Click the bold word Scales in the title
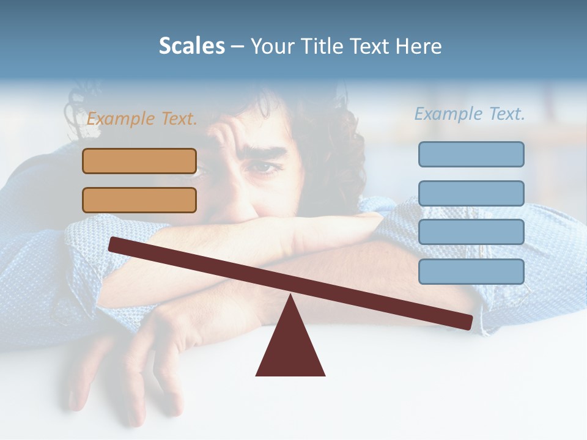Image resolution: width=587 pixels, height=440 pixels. [x=191, y=46]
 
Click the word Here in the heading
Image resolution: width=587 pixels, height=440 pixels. [x=419, y=46]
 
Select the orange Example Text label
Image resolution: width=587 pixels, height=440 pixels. [x=142, y=119]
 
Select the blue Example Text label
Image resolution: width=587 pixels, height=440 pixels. [x=470, y=114]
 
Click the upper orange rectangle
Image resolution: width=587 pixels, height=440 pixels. [x=139, y=161]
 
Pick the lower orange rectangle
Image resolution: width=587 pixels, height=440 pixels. [x=139, y=200]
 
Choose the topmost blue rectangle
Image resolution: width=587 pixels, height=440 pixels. [x=471, y=154]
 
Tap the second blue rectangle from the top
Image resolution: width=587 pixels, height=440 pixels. [x=471, y=193]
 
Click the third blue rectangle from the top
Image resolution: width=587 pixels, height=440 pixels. [x=471, y=232]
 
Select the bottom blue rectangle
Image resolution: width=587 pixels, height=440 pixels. [x=471, y=271]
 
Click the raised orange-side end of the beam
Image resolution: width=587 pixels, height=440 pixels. [x=114, y=244]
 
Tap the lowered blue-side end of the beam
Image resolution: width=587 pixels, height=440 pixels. [x=467, y=321]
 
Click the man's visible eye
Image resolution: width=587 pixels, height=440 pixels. [x=262, y=167]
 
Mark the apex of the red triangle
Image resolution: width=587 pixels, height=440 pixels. [x=291, y=296]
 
